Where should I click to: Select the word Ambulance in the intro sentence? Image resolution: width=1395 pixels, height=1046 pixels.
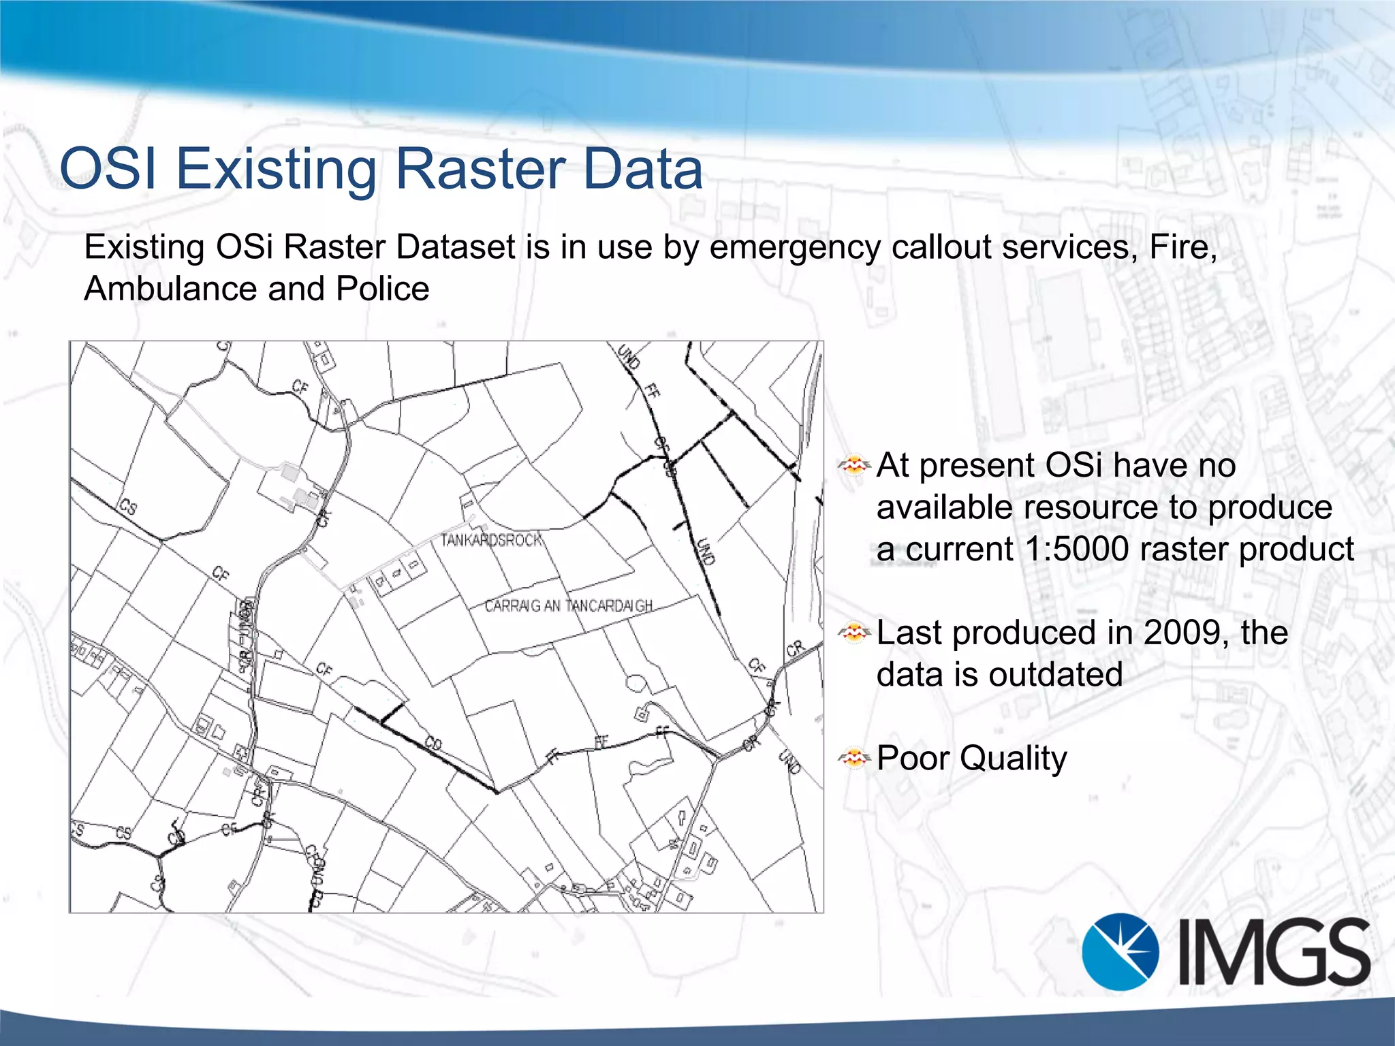pos(170,289)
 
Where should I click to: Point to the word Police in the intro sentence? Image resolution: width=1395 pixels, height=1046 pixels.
pos(382,289)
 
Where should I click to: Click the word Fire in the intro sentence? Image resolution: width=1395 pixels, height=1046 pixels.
pos(1182,247)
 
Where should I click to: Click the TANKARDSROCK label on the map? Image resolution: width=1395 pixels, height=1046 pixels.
pos(492,540)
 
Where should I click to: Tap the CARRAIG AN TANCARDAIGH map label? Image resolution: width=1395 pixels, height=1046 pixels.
pos(569,605)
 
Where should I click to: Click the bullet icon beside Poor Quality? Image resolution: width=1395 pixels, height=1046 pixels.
pos(854,757)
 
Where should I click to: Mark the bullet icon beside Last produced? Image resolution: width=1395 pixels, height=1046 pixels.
pos(854,633)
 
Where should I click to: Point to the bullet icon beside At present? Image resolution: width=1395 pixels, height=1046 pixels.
pos(854,466)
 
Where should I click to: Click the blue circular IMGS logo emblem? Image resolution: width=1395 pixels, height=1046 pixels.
pos(1120,951)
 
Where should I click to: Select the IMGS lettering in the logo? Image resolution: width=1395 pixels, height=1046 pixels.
pos(1274,952)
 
